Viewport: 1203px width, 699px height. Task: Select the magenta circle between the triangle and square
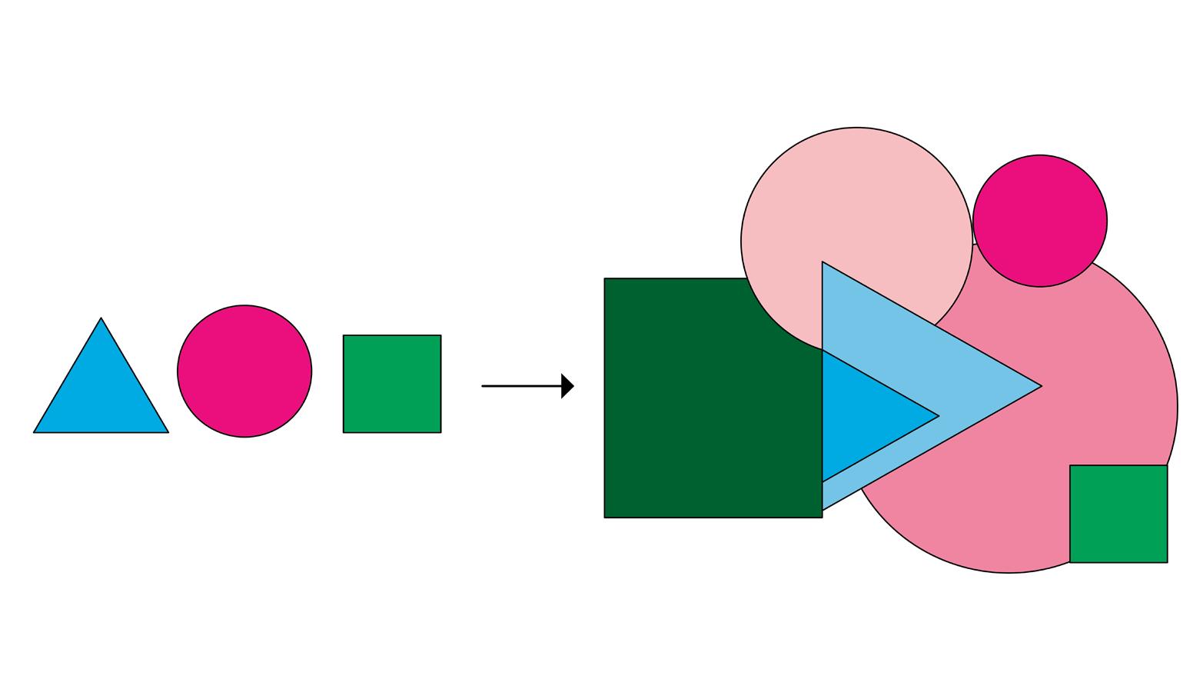[244, 371]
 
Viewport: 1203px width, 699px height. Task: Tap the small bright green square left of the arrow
[392, 384]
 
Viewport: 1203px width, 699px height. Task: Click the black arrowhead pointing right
[567, 386]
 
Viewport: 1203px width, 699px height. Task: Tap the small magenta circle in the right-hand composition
[1040, 221]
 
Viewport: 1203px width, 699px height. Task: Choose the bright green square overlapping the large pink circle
[1118, 514]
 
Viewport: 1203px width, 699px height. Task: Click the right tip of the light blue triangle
[1041, 386]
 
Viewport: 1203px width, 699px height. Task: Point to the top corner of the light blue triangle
[822, 262]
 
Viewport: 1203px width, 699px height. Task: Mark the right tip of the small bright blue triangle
[938, 416]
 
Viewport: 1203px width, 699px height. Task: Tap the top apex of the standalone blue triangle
[101, 318]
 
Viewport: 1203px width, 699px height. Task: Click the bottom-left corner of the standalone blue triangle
[35, 432]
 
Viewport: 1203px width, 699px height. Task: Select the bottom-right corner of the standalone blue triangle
[168, 432]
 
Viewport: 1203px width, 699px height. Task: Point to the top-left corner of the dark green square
[605, 279]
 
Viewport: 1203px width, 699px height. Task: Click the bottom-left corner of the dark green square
[605, 517]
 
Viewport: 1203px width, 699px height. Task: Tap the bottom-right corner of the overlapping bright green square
[1167, 562]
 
